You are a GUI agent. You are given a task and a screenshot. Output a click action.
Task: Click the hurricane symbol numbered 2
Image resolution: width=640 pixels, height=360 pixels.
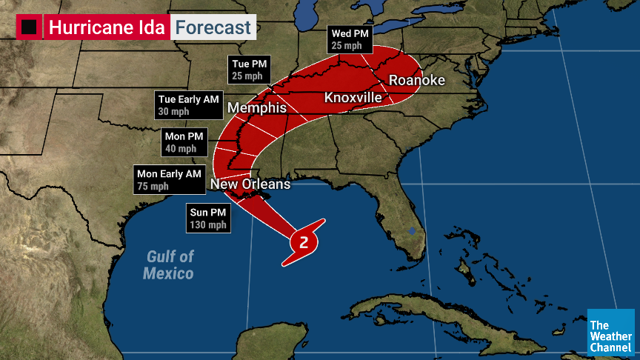304,241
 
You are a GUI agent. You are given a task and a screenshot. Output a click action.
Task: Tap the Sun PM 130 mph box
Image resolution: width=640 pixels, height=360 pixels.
207,218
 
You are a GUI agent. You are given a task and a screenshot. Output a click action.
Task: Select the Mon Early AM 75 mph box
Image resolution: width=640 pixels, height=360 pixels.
168,180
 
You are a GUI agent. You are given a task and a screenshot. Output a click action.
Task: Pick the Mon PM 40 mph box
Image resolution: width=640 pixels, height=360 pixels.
185,141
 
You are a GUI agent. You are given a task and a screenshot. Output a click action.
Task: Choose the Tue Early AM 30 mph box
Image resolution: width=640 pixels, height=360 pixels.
188,104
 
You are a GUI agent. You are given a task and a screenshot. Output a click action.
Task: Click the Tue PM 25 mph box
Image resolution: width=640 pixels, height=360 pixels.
250,70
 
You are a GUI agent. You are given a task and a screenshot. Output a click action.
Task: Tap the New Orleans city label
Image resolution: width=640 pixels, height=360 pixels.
250,184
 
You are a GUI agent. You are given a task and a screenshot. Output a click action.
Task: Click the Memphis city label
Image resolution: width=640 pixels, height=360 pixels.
257,108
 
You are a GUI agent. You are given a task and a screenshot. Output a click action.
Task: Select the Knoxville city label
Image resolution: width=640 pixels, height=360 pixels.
353,98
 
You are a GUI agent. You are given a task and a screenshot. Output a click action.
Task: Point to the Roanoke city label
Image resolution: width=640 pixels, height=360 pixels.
417,80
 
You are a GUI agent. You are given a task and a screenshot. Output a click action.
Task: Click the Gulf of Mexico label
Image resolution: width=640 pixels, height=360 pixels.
170,264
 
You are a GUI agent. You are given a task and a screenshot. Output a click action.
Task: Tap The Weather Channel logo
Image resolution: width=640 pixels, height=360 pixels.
610,333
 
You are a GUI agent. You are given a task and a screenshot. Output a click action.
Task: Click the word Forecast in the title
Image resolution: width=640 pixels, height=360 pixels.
213,28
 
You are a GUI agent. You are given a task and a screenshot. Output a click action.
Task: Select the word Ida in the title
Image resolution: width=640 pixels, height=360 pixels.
151,28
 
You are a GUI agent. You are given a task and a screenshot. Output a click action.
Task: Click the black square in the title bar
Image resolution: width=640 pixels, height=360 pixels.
30,28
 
